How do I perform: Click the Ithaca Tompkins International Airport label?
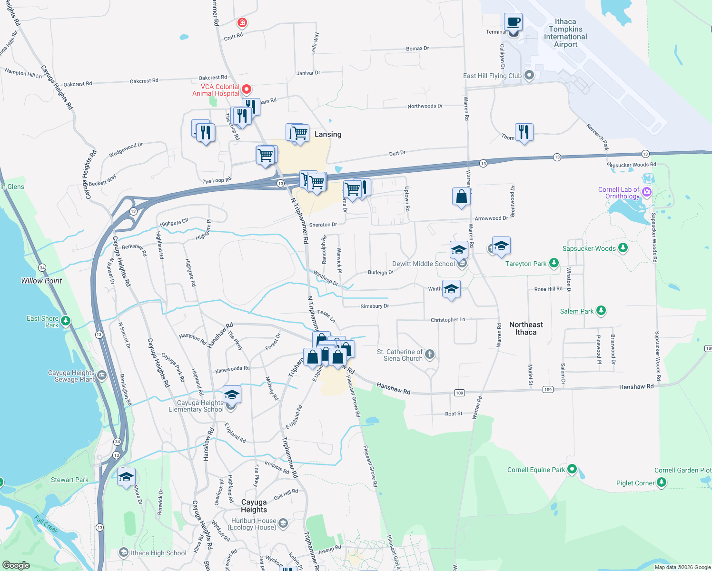point(565,33)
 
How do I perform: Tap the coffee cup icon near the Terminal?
point(513,22)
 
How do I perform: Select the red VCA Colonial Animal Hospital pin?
point(247,89)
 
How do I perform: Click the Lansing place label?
point(328,135)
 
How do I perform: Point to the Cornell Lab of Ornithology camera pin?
point(646,192)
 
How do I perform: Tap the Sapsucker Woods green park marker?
point(623,248)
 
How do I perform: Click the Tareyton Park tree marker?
point(554,263)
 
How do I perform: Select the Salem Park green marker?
point(601,311)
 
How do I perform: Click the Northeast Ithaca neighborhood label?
point(526,328)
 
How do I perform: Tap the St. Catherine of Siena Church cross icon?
point(430,354)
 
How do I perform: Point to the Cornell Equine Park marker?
point(572,469)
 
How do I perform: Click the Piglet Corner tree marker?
point(662,482)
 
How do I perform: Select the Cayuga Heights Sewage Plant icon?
point(101,376)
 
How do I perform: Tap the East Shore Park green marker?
point(66,321)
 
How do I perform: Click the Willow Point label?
point(41,281)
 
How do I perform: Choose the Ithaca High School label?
point(158,553)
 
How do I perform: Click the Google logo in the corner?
point(16,565)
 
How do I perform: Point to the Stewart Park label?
point(69,480)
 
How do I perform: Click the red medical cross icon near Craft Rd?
point(242,22)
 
